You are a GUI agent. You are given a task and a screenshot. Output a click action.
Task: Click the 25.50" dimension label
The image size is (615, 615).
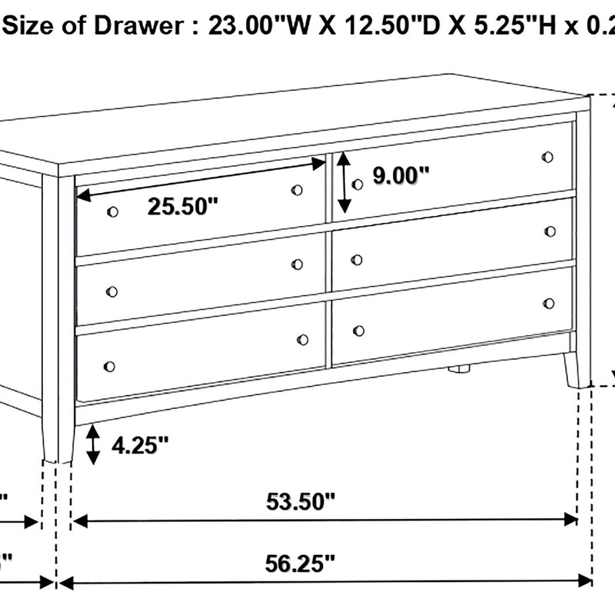pos(183,207)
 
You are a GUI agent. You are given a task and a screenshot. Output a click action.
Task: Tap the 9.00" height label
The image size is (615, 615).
pos(400,176)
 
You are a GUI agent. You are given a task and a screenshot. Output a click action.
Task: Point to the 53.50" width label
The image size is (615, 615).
pos(301,502)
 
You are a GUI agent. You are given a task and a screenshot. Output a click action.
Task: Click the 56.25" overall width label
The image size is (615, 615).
pos(301,563)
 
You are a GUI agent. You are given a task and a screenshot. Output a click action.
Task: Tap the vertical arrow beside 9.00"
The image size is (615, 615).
pos(344,181)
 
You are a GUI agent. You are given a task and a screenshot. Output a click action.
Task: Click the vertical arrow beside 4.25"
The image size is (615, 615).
pos(93,445)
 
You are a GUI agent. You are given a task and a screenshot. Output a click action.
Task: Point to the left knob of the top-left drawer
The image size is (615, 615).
pos(113,212)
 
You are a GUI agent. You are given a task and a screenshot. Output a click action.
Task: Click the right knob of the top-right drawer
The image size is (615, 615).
pos(547,157)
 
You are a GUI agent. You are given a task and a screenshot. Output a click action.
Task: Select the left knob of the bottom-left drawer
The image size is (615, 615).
pos(108,367)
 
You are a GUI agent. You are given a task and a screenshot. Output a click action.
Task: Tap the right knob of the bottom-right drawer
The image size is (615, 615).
pos(549,303)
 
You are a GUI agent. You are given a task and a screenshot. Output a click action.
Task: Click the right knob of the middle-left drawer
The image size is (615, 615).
pos(298,264)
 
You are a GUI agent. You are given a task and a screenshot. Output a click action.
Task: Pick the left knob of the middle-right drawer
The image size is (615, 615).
pos(357,260)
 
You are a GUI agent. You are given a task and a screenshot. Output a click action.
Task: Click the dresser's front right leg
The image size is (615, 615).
pos(571,371)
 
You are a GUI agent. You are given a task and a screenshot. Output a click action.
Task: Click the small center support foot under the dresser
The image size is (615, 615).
pos(459,368)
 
